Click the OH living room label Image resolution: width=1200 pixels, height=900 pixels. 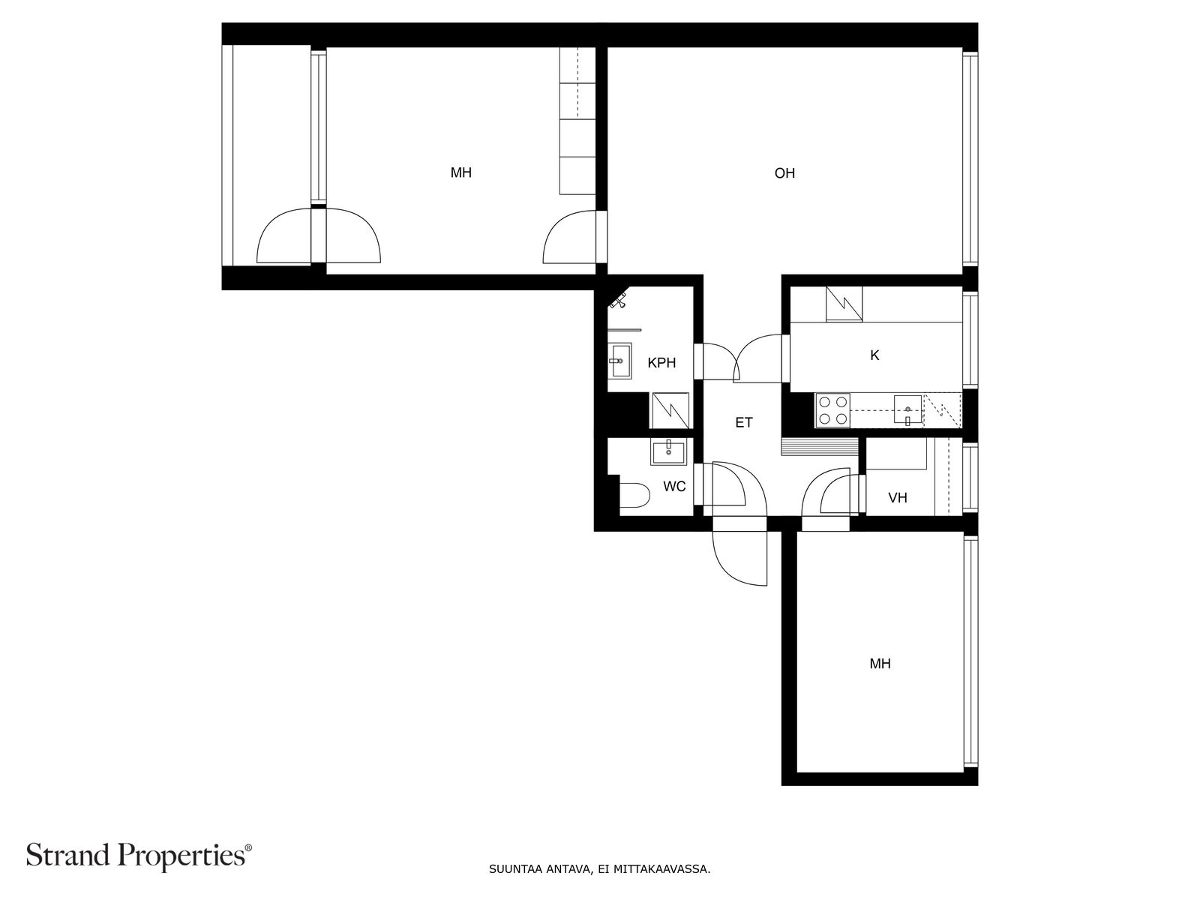(784, 173)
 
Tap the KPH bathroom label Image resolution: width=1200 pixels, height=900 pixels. (661, 363)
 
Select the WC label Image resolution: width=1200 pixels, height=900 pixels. (674, 487)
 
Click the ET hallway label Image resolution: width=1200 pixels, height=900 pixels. (743, 423)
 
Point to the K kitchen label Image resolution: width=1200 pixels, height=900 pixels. (874, 355)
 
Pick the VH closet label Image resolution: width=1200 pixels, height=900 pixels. (897, 497)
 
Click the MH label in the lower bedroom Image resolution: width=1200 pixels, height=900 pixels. (880, 664)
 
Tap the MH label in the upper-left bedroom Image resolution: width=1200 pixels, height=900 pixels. (460, 172)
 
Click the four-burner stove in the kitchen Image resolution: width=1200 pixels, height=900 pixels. (832, 410)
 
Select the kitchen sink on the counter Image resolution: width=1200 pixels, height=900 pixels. (907, 409)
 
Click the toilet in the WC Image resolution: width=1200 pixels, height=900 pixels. (634, 496)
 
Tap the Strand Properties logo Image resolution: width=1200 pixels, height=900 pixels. (139, 855)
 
